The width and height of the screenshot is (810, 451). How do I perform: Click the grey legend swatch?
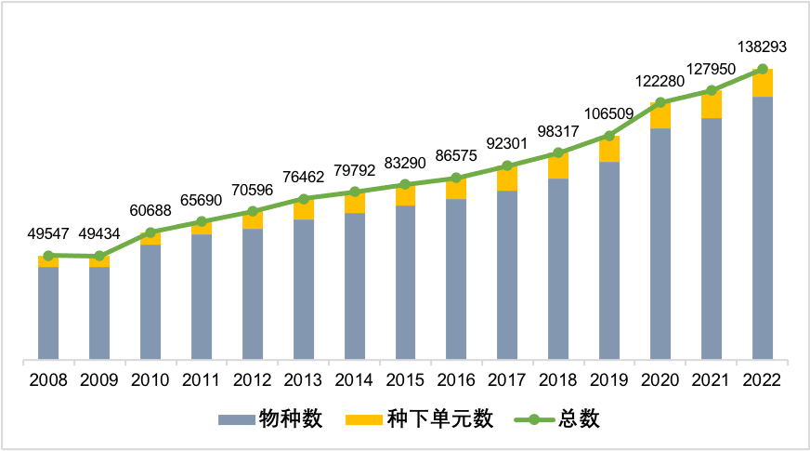click(236, 419)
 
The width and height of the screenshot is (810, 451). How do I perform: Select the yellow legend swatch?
click(364, 419)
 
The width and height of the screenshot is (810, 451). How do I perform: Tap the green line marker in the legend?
click(534, 419)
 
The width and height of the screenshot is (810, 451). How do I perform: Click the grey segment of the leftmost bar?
click(48, 312)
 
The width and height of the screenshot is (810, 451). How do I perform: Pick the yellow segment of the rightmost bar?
click(763, 83)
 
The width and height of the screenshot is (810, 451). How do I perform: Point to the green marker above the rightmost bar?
click(763, 69)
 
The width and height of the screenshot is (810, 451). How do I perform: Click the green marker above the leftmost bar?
click(48, 256)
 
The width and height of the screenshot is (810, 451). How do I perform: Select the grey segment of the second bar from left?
click(99, 312)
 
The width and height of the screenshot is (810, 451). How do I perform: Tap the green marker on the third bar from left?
click(150, 232)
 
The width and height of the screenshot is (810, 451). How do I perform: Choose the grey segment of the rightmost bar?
click(763, 228)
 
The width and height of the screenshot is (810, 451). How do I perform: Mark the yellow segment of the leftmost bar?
click(48, 262)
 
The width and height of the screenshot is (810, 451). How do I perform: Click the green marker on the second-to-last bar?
click(712, 90)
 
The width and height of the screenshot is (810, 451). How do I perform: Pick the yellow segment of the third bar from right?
click(660, 116)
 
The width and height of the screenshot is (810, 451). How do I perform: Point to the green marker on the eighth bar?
click(406, 184)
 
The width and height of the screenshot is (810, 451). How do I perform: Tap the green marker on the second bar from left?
click(99, 256)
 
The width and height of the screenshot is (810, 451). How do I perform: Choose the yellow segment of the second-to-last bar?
click(712, 105)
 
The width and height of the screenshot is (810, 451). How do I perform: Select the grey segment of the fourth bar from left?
click(202, 297)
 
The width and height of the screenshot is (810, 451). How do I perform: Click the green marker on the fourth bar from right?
click(609, 136)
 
